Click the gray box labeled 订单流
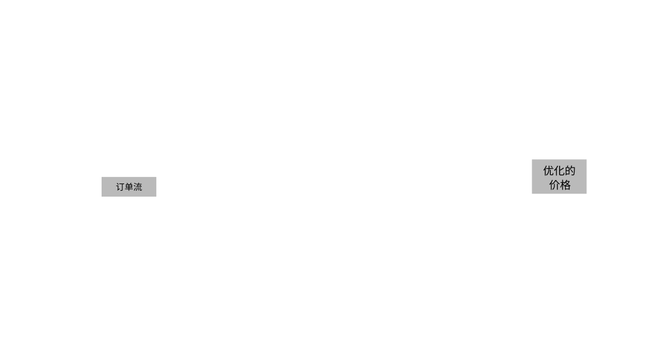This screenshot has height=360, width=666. pos(129,187)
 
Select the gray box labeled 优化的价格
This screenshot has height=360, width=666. pos(559,176)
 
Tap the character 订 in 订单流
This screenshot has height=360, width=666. pos(120,187)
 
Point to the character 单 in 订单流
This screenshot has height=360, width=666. pos(129,187)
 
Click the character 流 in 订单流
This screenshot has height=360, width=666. pos(138,187)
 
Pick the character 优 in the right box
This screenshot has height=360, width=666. pos(548,170)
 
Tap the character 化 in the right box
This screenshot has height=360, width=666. pos(559,170)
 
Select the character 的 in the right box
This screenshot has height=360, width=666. pos(570,170)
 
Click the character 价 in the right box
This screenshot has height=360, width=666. pos(554,185)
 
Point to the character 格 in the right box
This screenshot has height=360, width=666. pos(565,185)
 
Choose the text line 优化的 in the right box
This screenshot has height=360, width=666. pos(560,170)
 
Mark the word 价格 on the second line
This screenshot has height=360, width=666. pos(560,185)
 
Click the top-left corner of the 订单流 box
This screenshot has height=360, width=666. pos(102,177)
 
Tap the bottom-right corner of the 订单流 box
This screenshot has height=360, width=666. pos(156,197)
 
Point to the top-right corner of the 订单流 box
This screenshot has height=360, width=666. pos(156,177)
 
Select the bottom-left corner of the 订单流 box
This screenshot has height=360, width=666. pos(102,197)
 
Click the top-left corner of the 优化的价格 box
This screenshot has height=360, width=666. pos(532,160)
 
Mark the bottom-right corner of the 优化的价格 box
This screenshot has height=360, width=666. pos(586,194)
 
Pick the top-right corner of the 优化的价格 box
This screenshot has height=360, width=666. pos(586,160)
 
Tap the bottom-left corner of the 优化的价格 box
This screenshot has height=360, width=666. pos(532,194)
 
